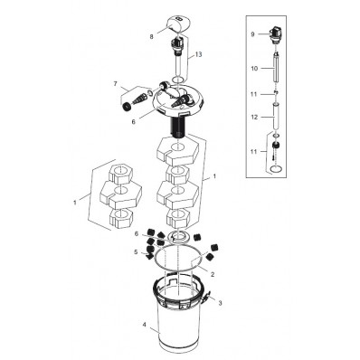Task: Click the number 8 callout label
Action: (151, 37)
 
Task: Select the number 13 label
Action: (199, 56)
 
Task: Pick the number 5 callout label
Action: (136, 251)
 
